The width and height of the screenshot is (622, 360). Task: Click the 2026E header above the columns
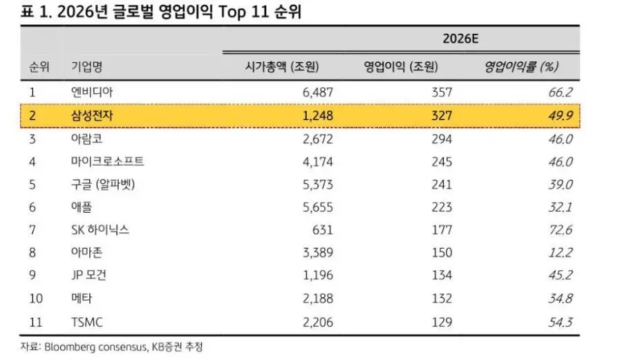tap(460, 39)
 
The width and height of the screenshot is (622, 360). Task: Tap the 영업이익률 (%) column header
tap(521, 67)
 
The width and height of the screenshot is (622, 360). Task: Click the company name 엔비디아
tap(92, 92)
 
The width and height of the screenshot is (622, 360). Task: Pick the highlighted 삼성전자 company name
tap(92, 115)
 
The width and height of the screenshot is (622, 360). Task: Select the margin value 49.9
tap(560, 115)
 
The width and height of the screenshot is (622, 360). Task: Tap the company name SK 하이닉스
tap(100, 229)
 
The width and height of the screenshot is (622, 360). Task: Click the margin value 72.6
tap(560, 229)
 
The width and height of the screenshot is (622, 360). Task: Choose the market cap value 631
tap(322, 229)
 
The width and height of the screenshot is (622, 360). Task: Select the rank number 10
tap(36, 299)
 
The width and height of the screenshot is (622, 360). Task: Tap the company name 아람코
tap(87, 138)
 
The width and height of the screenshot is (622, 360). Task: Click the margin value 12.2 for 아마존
tap(560, 252)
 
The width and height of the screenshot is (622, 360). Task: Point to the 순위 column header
tap(39, 67)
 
